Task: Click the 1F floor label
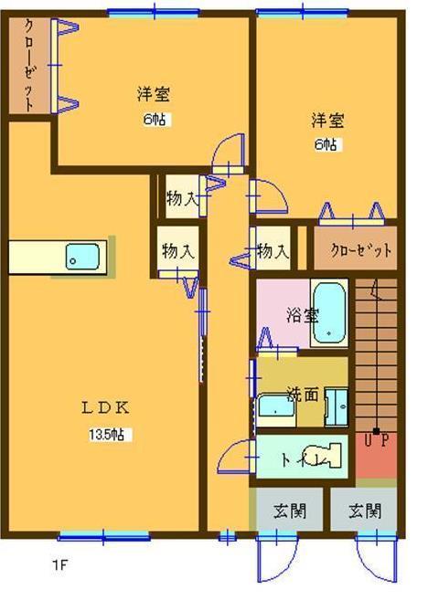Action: [x=59, y=564]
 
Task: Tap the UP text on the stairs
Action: [x=376, y=440]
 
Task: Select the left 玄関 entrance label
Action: [x=288, y=511]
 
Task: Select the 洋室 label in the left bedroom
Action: [x=153, y=94]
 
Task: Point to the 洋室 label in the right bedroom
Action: [x=326, y=120]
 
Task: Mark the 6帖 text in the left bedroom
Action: [x=156, y=119]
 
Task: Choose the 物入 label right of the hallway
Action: [x=273, y=250]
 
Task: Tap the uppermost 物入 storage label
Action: [x=182, y=196]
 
